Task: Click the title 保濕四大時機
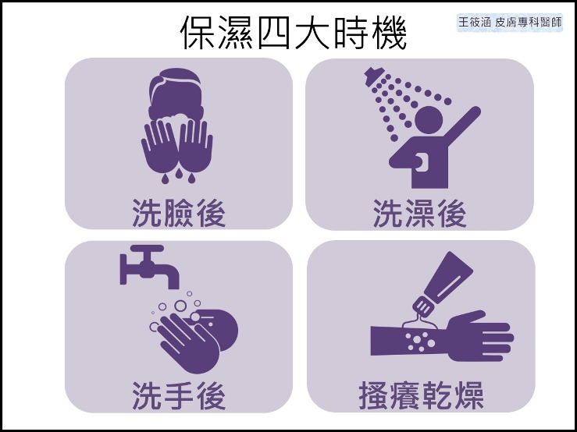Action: [294, 33]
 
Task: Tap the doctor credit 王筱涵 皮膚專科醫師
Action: [510, 23]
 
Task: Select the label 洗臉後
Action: [179, 213]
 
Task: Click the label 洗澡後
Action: [420, 213]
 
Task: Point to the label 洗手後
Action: [179, 396]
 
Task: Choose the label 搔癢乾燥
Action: [421, 396]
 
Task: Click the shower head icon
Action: [374, 76]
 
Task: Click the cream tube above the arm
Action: [443, 284]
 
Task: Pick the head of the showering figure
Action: [429, 119]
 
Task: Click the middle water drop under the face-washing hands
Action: [179, 173]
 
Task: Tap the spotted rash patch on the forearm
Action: [419, 341]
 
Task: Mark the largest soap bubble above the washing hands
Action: [180, 306]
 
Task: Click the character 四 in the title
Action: [276, 33]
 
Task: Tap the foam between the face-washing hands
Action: [176, 121]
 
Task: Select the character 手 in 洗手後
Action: [179, 396]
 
